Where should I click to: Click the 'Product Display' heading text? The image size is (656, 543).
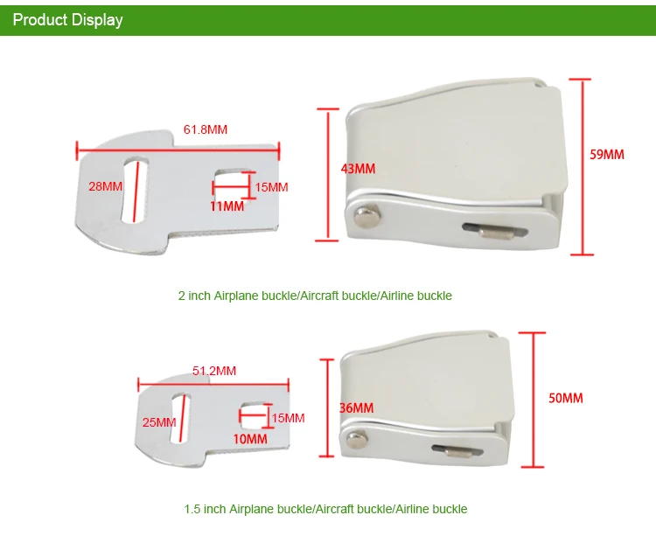pyautogui.click(x=67, y=19)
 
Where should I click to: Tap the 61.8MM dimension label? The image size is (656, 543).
pyautogui.click(x=205, y=129)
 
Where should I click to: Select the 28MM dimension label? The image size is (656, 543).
pyautogui.click(x=105, y=185)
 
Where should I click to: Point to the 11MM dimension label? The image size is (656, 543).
pyautogui.click(x=227, y=206)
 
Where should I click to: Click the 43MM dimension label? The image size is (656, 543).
pyautogui.click(x=357, y=168)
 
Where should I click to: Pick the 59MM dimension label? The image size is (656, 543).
pyautogui.click(x=607, y=155)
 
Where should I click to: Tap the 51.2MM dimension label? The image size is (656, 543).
pyautogui.click(x=214, y=371)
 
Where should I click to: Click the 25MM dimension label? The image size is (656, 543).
pyautogui.click(x=159, y=422)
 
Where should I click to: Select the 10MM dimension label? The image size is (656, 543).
pyautogui.click(x=251, y=438)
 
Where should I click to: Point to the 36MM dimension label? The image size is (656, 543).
pyautogui.click(x=356, y=407)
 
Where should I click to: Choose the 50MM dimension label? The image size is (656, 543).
pyautogui.click(x=565, y=398)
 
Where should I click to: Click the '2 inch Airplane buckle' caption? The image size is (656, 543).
pyautogui.click(x=315, y=296)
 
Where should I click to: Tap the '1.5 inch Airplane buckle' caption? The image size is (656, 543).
pyautogui.click(x=325, y=509)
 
